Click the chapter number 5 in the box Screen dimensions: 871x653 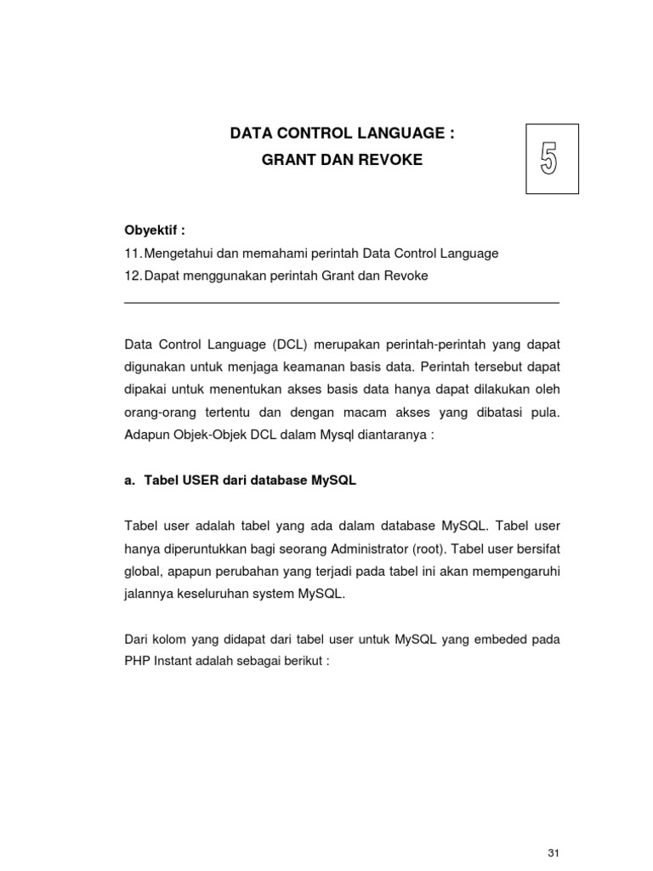pyautogui.click(x=548, y=159)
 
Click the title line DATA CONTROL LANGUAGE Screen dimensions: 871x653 pyautogui.click(x=344, y=134)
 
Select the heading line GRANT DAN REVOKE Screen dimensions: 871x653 pyautogui.click(x=342, y=160)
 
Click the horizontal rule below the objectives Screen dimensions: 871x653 pyautogui.click(x=342, y=303)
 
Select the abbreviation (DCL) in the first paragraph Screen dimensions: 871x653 pyautogui.click(x=294, y=345)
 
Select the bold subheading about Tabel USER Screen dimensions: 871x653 pyautogui.click(x=240, y=481)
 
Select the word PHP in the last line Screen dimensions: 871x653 pyautogui.click(x=137, y=661)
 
